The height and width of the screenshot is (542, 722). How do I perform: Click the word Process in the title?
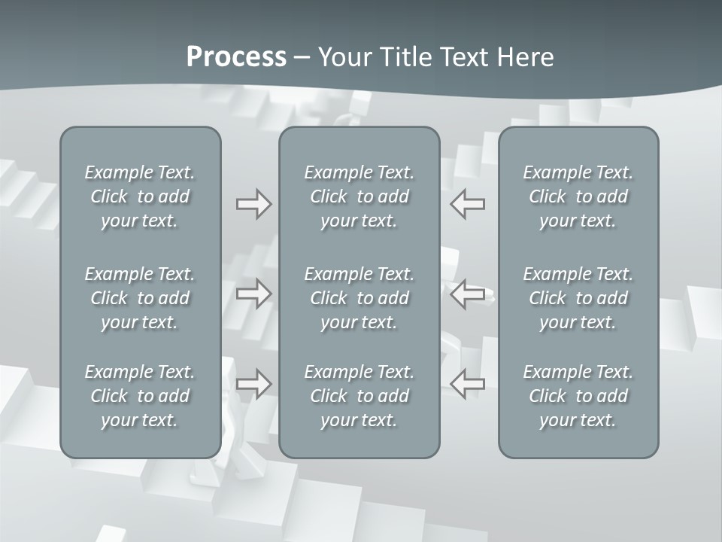(236, 57)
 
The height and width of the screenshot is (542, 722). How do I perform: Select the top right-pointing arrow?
(253, 204)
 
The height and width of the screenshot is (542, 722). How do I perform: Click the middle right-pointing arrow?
(253, 293)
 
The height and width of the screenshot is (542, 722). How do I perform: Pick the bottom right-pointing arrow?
(253, 383)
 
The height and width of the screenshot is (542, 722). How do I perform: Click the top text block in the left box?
(140, 196)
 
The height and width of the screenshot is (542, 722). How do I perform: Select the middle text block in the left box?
(140, 298)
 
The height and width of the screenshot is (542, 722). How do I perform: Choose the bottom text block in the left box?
(140, 396)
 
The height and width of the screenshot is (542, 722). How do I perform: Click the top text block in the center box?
(359, 196)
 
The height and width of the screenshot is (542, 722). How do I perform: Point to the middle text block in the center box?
(359, 298)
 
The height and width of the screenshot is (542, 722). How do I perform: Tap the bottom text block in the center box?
(359, 396)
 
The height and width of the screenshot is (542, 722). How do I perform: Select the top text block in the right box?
(578, 196)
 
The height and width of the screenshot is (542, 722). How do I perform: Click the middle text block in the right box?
(578, 298)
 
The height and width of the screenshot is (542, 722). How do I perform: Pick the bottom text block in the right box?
(578, 396)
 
